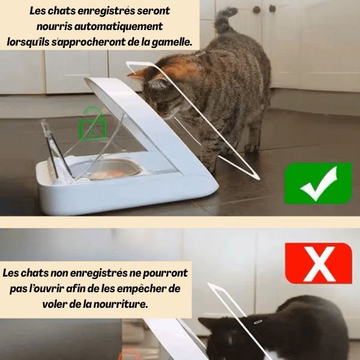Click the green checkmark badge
[317, 183]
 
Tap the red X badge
[318, 263]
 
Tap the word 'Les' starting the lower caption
[11, 273]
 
